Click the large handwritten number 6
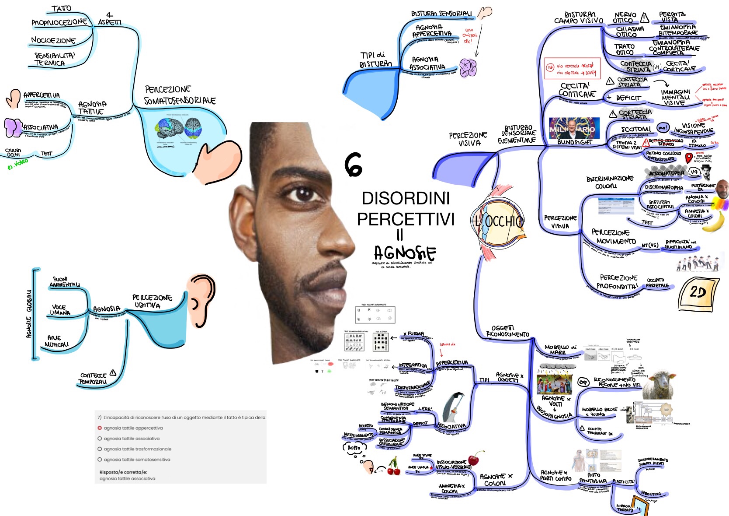(x=353, y=165)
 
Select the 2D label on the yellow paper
(x=698, y=292)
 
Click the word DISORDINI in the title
(x=406, y=198)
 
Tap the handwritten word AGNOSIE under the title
(x=405, y=253)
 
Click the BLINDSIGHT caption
(x=574, y=142)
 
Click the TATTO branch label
(x=61, y=9)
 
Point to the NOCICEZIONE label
(x=53, y=40)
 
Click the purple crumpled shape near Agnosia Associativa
(x=468, y=68)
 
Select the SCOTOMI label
(x=636, y=130)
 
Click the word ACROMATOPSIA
(x=666, y=173)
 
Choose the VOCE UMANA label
(x=60, y=310)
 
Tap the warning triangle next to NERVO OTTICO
(x=645, y=18)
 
